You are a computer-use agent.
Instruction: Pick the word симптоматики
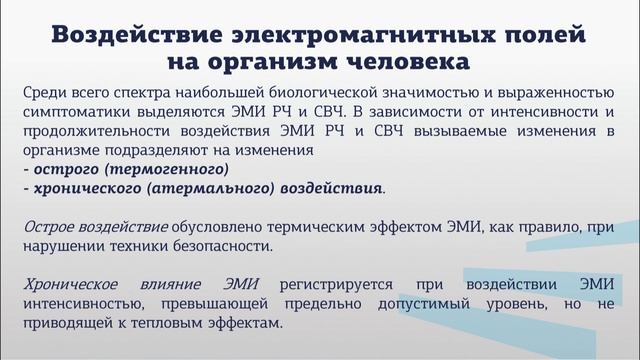pos(82,113)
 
